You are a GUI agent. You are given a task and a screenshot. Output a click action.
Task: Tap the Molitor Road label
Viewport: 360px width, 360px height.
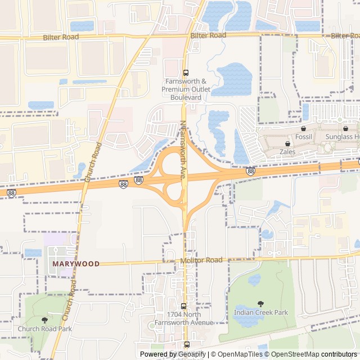tap(201, 260)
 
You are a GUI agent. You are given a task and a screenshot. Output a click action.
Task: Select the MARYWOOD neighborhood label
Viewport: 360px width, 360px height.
tap(75, 263)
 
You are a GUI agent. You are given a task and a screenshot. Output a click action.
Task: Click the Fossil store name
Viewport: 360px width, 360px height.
tap(303, 137)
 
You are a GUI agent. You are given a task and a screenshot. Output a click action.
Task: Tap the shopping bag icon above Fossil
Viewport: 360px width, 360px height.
tap(303, 128)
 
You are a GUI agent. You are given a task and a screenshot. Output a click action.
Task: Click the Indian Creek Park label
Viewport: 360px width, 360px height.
tap(260, 312)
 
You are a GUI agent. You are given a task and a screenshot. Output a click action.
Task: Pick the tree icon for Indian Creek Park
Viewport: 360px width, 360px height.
tap(260, 304)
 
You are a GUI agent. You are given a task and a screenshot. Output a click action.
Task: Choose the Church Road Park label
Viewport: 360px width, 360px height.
tap(44, 328)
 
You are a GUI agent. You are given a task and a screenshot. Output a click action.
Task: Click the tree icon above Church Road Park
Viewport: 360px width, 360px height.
tap(44, 320)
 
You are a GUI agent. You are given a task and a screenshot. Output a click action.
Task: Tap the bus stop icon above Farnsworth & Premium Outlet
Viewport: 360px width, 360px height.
tap(186, 72)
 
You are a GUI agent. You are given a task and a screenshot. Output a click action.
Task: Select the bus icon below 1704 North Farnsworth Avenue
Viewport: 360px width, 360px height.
tap(187, 344)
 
